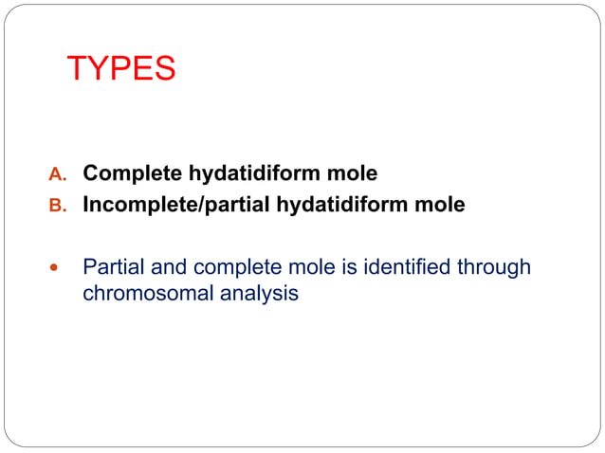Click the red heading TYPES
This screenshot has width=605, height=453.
pyautogui.click(x=121, y=69)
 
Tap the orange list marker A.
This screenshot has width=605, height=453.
pyautogui.click(x=58, y=175)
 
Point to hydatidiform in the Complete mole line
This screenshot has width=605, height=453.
pyautogui.click(x=256, y=174)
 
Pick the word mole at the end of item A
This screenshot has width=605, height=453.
pyautogui.click(x=352, y=174)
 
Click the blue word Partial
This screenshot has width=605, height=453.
pyautogui.click(x=112, y=268)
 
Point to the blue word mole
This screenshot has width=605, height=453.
pyautogui.click(x=299, y=268)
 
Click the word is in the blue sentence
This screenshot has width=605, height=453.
pyautogui.click(x=337, y=268)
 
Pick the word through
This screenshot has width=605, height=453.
pyautogui.click(x=493, y=268)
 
